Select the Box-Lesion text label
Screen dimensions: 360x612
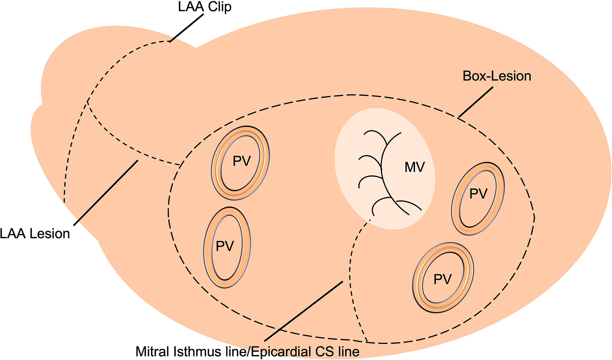(x=497, y=76)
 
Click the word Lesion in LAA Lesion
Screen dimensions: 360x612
(x=49, y=234)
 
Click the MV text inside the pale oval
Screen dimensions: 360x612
(x=415, y=167)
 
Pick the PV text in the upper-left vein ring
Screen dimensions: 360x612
(x=241, y=161)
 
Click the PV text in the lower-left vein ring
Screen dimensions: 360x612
(x=225, y=246)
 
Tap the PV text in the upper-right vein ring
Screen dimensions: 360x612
(x=478, y=194)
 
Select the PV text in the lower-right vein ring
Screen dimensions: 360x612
(x=442, y=279)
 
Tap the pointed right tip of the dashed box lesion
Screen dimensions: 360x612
(x=534, y=217)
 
